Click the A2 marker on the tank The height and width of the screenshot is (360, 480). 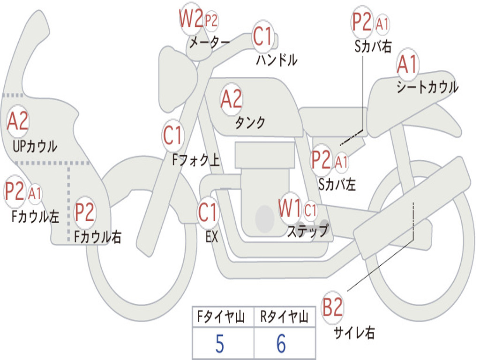232,99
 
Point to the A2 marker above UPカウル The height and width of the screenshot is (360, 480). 18,121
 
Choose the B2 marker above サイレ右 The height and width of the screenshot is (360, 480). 333,308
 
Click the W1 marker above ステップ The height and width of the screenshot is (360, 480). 290,209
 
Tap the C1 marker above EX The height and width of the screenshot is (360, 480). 208,212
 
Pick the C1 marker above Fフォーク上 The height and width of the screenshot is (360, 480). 173,136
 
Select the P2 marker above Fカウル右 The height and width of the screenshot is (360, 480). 85,212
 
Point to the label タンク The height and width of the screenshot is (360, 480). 250,123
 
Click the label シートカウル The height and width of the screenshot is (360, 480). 427,88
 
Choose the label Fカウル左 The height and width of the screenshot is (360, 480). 36,216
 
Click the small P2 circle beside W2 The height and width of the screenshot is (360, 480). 211,21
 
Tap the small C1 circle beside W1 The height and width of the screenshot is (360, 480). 310,210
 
